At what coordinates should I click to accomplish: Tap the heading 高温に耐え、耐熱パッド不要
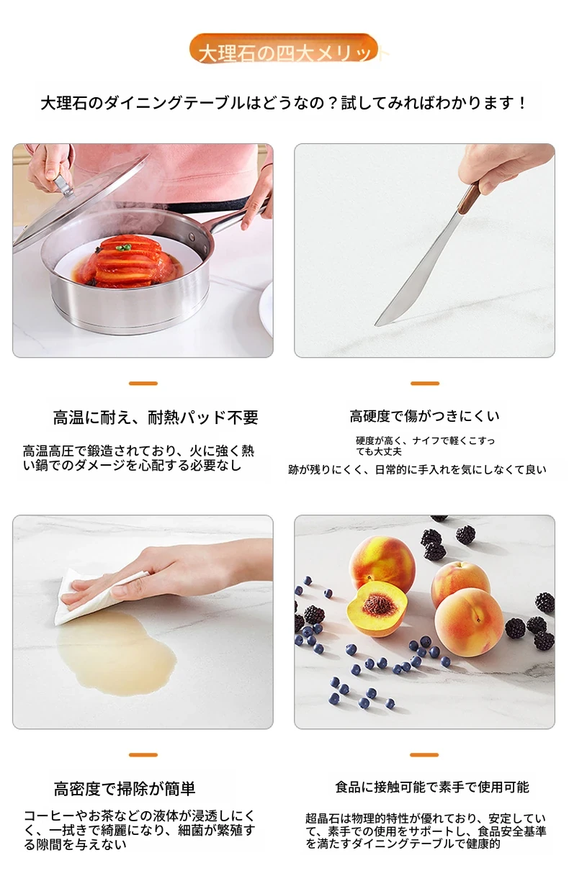pos(156,417)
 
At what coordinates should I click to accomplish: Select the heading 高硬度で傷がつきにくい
pos(424,416)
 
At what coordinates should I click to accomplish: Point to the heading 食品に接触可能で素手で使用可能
pos(432,787)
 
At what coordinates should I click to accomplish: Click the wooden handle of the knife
pos(469,198)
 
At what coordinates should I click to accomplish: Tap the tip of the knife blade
pos(376,325)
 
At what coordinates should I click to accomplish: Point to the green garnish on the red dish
pos(124,248)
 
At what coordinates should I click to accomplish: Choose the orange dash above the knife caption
pos(424,383)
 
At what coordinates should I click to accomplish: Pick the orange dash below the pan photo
pos(143,383)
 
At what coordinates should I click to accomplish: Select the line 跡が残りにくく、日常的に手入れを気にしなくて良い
pos(417,469)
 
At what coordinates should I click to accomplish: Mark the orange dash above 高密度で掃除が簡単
pos(143,755)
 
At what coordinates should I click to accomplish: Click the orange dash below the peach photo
pos(424,755)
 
